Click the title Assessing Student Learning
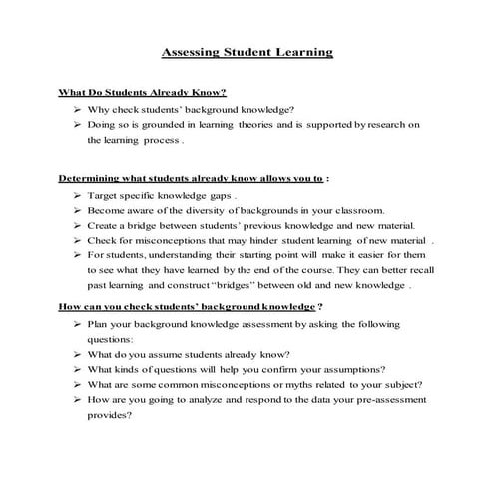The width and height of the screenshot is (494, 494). point(247,51)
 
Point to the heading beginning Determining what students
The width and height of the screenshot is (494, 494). point(193,179)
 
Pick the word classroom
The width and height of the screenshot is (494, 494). point(350,211)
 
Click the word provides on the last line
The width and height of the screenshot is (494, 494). point(110,415)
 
